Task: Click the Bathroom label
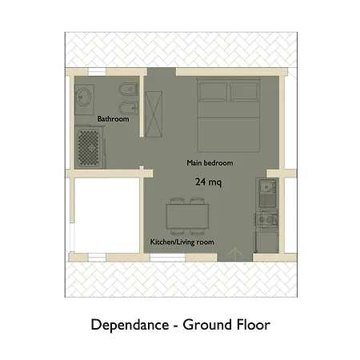coord(113,118)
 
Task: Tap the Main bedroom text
coord(210,162)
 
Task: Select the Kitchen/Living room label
coord(182,242)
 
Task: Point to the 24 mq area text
coord(208,182)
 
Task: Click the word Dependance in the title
coord(130,325)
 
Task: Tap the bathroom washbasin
coord(84,98)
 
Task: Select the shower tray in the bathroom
coord(89,148)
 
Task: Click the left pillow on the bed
coord(213,91)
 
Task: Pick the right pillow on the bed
coord(244,91)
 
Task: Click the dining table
coord(187,216)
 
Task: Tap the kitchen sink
coord(267,193)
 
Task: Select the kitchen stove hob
coord(267,219)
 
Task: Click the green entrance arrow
coord(235,254)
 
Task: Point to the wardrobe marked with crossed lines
coord(154,114)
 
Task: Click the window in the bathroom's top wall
coord(97,72)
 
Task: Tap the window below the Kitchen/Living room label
coord(167,258)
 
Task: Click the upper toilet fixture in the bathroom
coord(128,90)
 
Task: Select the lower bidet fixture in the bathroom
coord(128,108)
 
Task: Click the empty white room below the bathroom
coord(106,215)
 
